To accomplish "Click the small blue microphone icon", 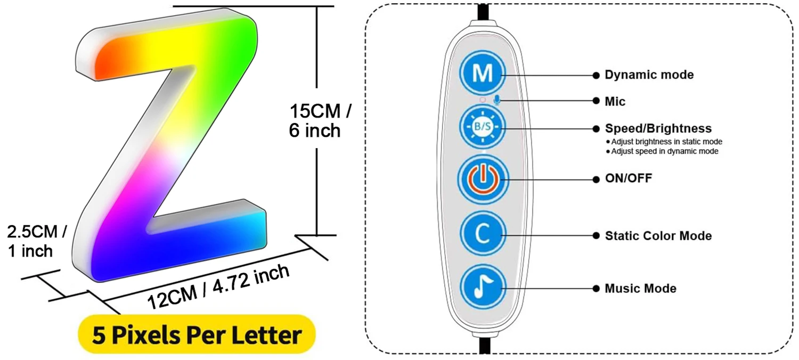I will pyautogui.click(x=497, y=100).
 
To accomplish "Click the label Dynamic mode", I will pyautogui.click(x=649, y=75).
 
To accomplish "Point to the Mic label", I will pyautogui.click(x=615, y=101).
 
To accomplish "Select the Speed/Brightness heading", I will pyautogui.click(x=658, y=128).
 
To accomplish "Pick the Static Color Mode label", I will pyautogui.click(x=658, y=235).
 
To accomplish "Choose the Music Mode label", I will pyautogui.click(x=640, y=289).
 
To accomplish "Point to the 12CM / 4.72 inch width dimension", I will pyautogui.click(x=218, y=287).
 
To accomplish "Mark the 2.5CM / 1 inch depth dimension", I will pyautogui.click(x=36, y=241).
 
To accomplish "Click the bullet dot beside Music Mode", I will pyautogui.click(x=596, y=289).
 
